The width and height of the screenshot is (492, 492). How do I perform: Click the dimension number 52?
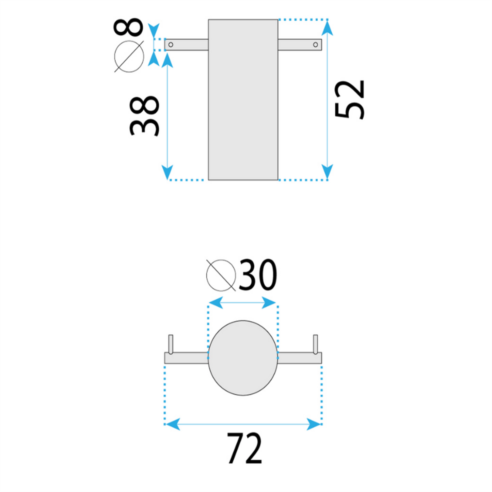349,100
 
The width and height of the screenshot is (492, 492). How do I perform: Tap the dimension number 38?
144,116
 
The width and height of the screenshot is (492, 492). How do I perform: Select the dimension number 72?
244,448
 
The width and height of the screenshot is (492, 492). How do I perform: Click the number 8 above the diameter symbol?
128,27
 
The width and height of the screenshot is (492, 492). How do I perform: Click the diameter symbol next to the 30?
221,275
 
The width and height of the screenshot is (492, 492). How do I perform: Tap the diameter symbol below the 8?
129,57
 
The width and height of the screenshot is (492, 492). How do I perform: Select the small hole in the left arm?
171,45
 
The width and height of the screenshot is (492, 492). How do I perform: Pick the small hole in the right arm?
315,45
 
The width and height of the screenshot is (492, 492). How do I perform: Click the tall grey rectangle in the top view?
243,100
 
